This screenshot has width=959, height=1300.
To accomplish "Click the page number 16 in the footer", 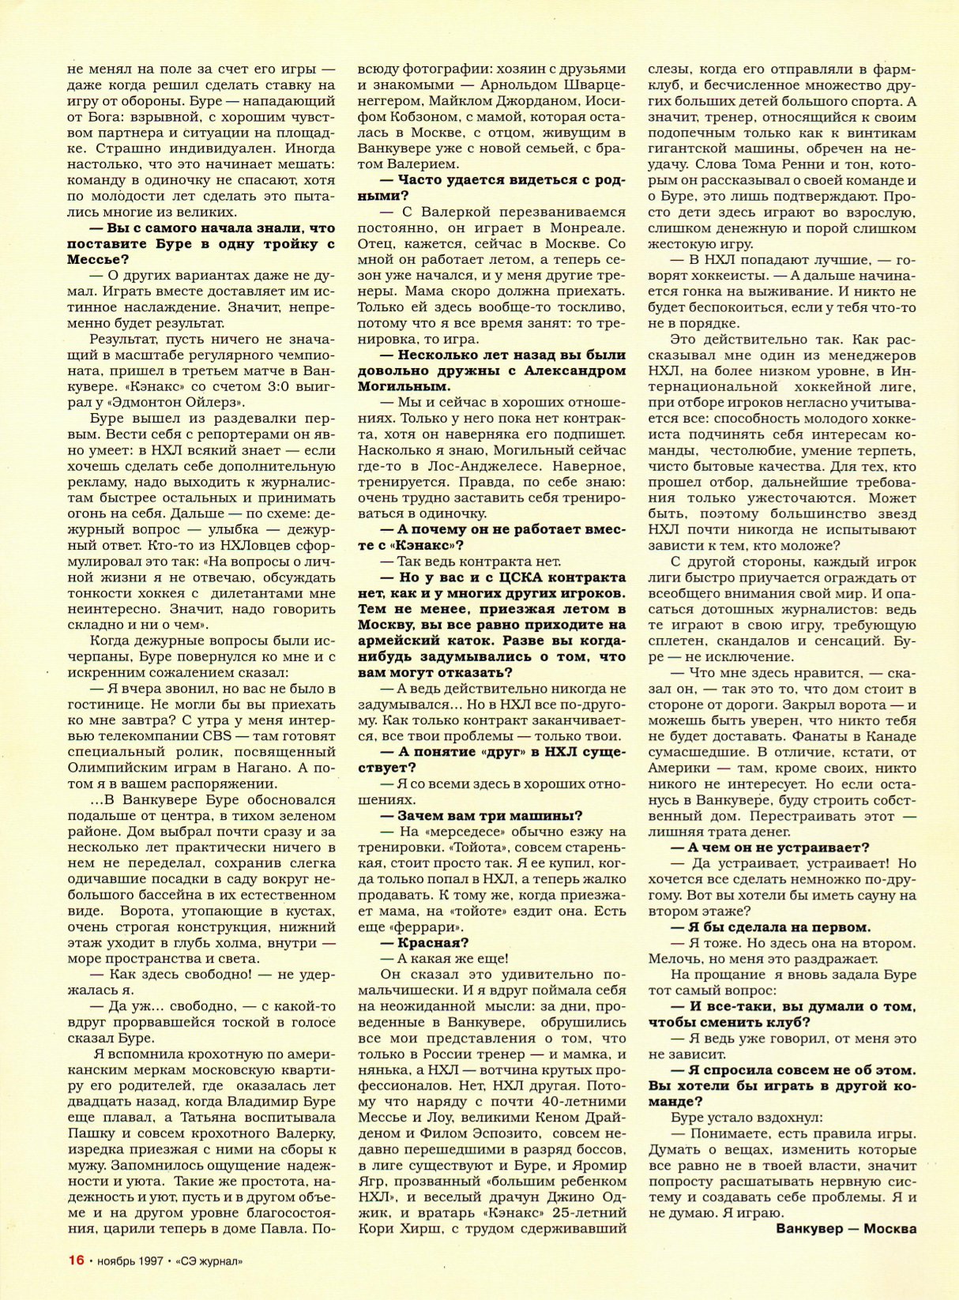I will click(77, 1260).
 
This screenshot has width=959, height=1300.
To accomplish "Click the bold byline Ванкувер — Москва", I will click(846, 1229).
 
